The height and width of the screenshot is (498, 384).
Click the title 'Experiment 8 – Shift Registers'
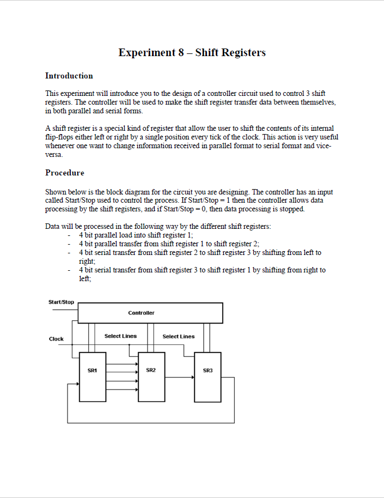[192, 53]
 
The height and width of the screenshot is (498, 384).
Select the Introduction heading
[69, 76]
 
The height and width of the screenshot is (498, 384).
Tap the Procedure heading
[64, 173]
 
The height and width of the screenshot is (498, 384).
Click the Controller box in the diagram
[150, 313]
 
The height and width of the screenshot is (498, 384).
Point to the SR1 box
[93, 377]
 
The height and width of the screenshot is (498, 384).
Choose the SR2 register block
[151, 377]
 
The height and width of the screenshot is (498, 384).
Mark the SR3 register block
[208, 377]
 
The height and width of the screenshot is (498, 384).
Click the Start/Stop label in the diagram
[61, 302]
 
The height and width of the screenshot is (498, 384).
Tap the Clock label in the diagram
[56, 339]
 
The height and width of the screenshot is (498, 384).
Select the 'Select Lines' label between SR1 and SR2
[120, 336]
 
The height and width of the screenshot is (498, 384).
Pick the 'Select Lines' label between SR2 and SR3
[178, 336]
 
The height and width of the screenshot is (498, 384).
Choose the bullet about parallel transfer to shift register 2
[169, 244]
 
